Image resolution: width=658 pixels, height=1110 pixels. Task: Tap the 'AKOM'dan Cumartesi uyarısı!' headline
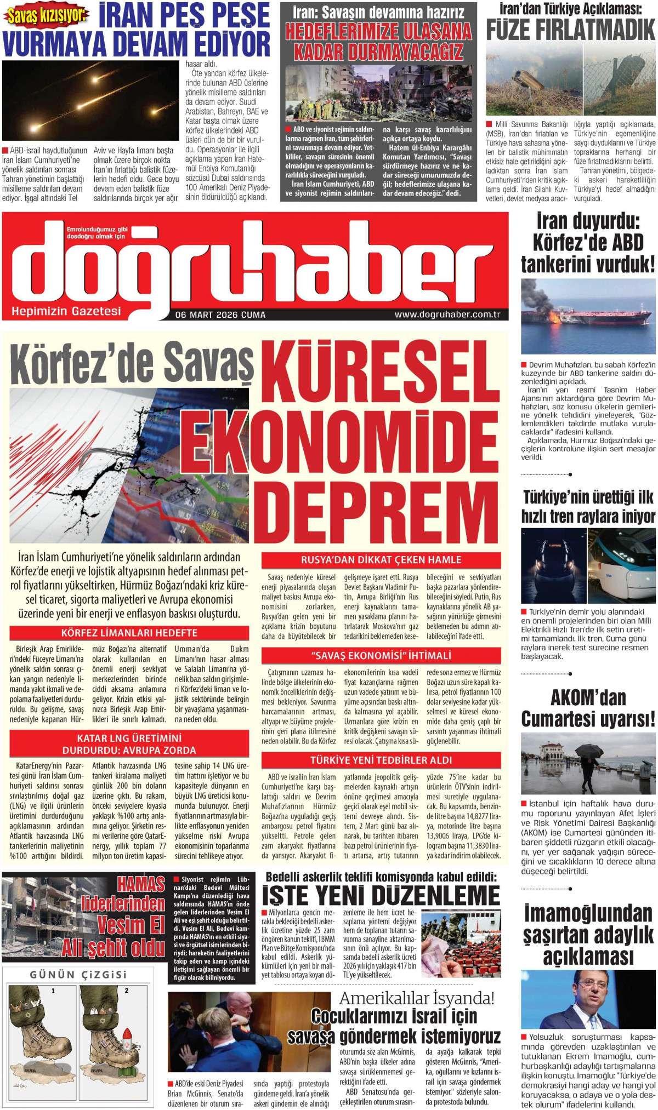coord(588,707)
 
